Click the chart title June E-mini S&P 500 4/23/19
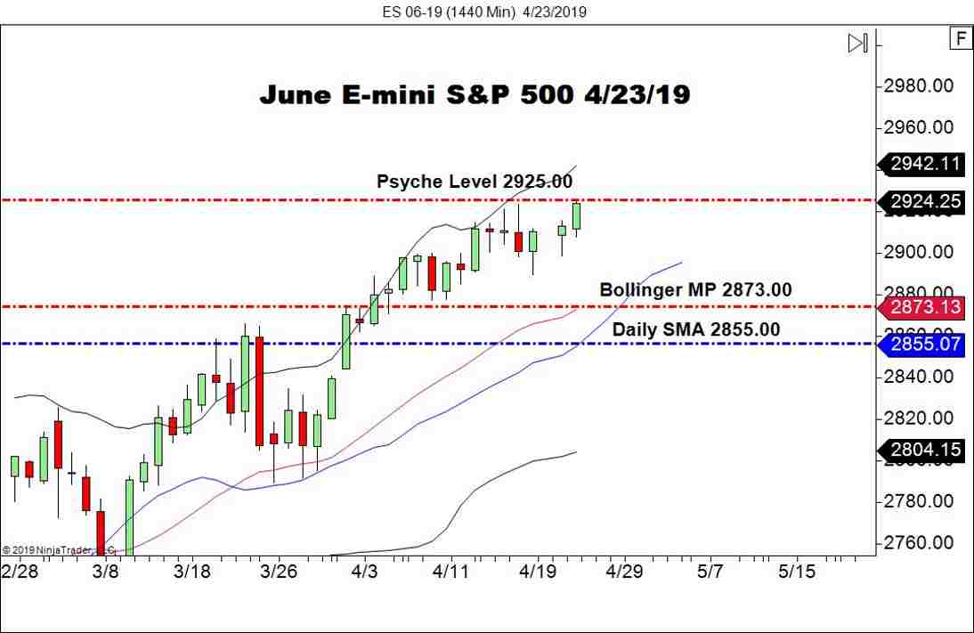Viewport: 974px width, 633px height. (x=475, y=94)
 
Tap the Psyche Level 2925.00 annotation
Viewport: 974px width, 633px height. (x=474, y=182)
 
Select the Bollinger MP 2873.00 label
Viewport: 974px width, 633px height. (x=695, y=289)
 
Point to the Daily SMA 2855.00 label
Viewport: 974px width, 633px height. (x=695, y=329)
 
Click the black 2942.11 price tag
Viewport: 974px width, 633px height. (x=925, y=163)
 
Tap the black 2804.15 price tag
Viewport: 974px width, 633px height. (x=925, y=450)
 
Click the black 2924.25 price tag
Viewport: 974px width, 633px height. (x=925, y=202)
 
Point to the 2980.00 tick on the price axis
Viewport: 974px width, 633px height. (x=918, y=86)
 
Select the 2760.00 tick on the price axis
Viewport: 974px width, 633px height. (x=918, y=543)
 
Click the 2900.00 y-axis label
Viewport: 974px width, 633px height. (x=918, y=253)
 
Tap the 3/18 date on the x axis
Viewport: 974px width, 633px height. (x=191, y=571)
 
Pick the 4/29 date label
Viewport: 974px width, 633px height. (x=624, y=571)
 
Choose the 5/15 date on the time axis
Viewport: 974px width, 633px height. (x=796, y=571)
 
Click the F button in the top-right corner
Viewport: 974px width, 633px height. (x=960, y=38)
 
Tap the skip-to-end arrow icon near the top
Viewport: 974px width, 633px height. (x=857, y=43)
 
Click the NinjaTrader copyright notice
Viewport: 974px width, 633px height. (x=58, y=550)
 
